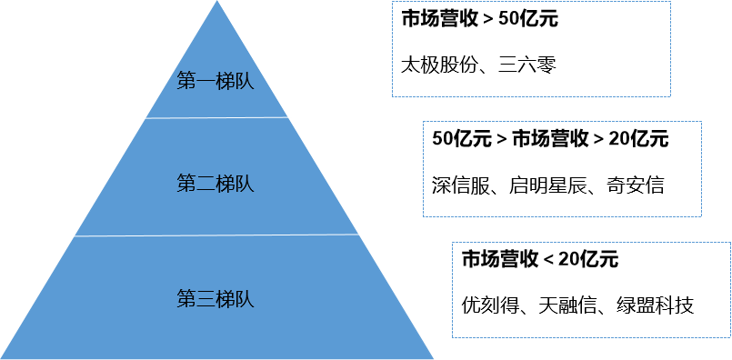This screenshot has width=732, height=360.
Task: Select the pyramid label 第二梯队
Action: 215,184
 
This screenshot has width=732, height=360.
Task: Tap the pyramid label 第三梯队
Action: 215,297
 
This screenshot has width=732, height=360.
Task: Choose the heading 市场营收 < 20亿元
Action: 540,259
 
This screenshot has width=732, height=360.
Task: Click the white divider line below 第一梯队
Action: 216,117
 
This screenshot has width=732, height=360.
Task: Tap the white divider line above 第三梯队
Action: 216,235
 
